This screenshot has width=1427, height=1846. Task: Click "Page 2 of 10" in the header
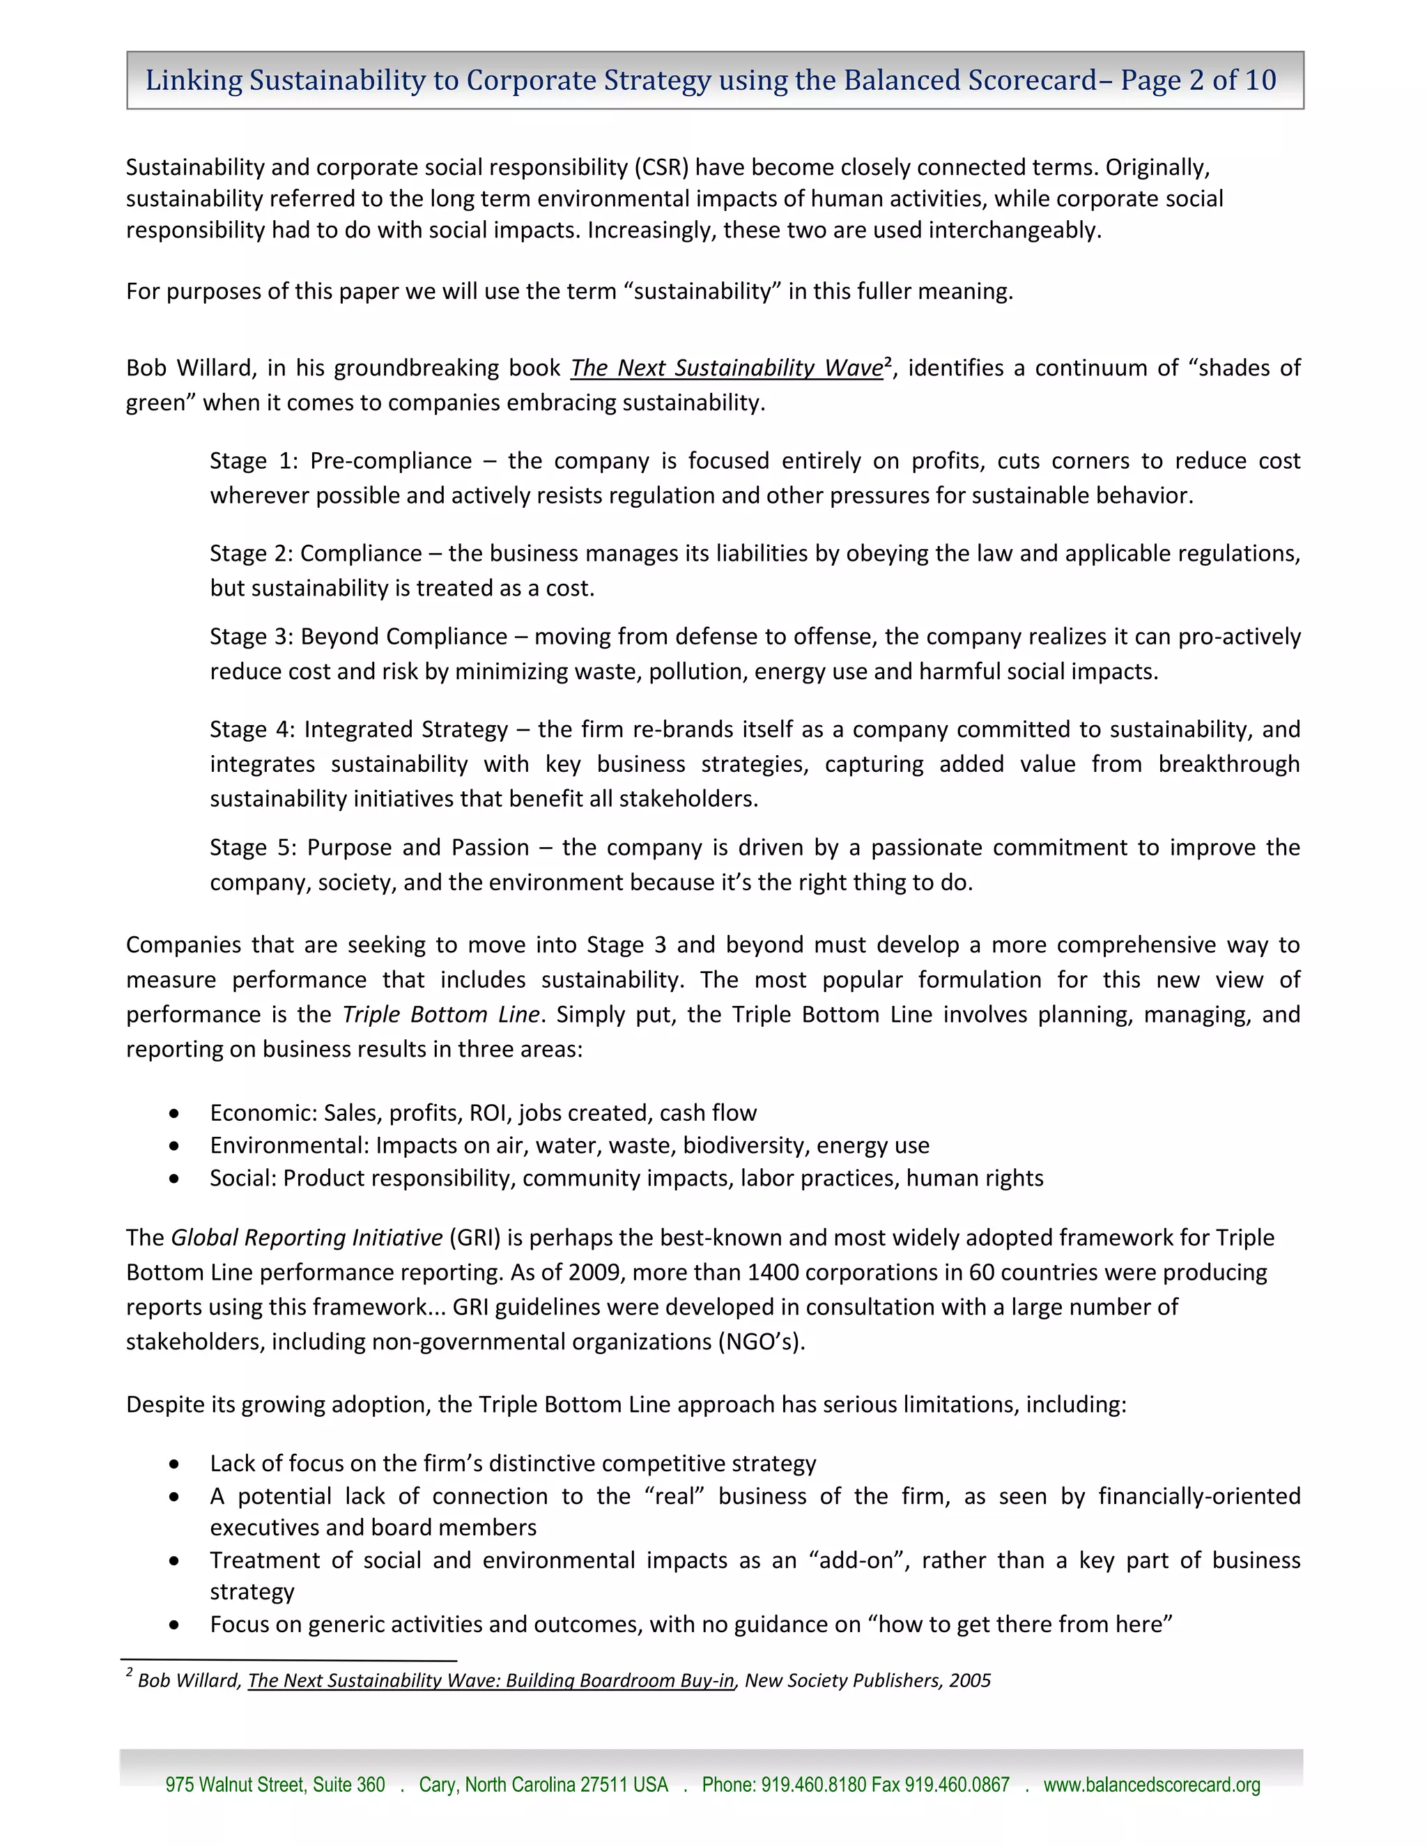click(1198, 80)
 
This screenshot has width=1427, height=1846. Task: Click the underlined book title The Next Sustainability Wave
click(726, 369)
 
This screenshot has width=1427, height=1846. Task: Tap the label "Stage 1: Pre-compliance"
click(341, 461)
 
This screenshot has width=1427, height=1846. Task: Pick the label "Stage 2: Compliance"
click(316, 554)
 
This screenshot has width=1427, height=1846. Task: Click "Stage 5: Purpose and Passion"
click(369, 848)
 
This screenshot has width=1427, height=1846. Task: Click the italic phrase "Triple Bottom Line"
click(440, 1014)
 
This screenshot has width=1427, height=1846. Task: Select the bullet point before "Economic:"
click(174, 1113)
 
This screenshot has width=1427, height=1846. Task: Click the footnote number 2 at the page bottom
click(130, 1673)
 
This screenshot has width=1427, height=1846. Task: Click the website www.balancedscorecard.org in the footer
click(1151, 1785)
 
